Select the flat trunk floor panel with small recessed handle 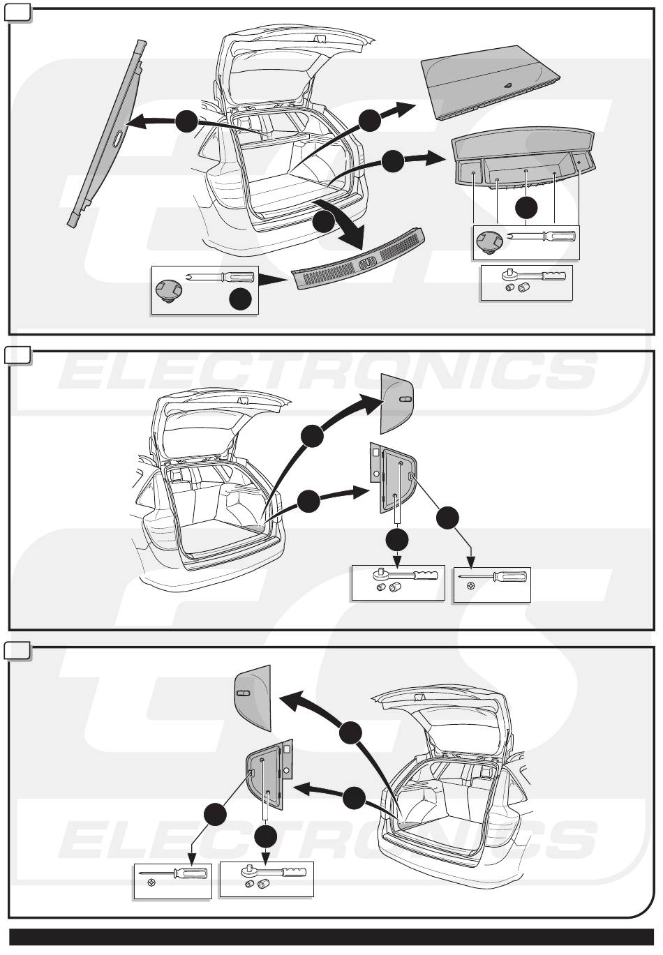point(490,82)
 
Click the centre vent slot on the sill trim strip point(368,264)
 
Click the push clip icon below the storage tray point(489,242)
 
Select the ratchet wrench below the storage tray point(534,275)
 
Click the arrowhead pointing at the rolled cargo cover point(133,122)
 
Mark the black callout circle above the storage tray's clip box point(526,208)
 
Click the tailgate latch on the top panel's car point(319,39)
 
